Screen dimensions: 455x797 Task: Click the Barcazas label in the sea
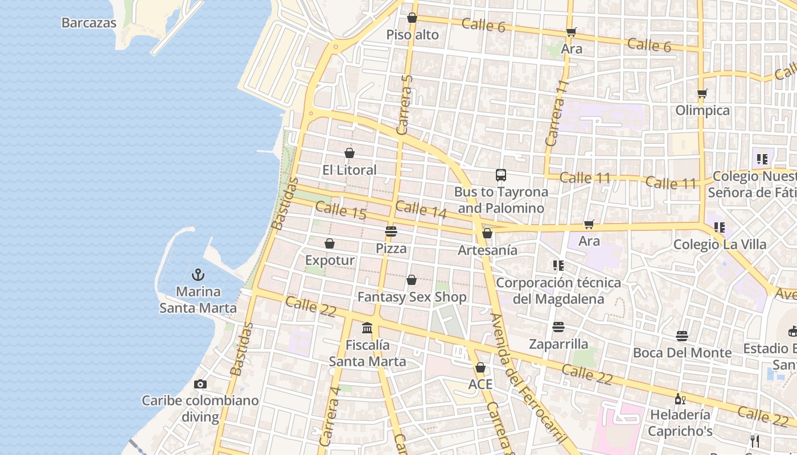pyautogui.click(x=89, y=23)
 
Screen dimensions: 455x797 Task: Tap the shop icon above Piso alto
pyautogui.click(x=412, y=18)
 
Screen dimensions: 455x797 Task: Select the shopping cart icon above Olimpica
pyautogui.click(x=702, y=93)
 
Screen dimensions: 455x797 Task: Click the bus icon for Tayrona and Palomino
pyautogui.click(x=501, y=175)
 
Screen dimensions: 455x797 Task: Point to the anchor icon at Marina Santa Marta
pyautogui.click(x=198, y=275)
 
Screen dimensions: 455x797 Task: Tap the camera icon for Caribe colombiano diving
pyautogui.click(x=200, y=384)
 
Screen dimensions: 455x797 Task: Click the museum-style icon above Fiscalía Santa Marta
pyautogui.click(x=367, y=328)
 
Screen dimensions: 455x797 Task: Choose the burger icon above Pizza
pyautogui.click(x=391, y=231)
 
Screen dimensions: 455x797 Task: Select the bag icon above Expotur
pyautogui.click(x=329, y=243)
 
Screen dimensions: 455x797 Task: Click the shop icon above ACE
pyautogui.click(x=480, y=367)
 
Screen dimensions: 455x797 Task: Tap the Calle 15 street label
pyautogui.click(x=340, y=210)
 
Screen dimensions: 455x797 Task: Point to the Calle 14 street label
pyautogui.click(x=421, y=209)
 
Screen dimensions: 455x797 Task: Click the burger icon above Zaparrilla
pyautogui.click(x=558, y=327)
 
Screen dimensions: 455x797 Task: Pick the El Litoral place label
pyautogui.click(x=349, y=170)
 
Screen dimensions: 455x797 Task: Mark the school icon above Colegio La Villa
pyautogui.click(x=719, y=227)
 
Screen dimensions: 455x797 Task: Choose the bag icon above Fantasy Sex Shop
pyautogui.click(x=412, y=280)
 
